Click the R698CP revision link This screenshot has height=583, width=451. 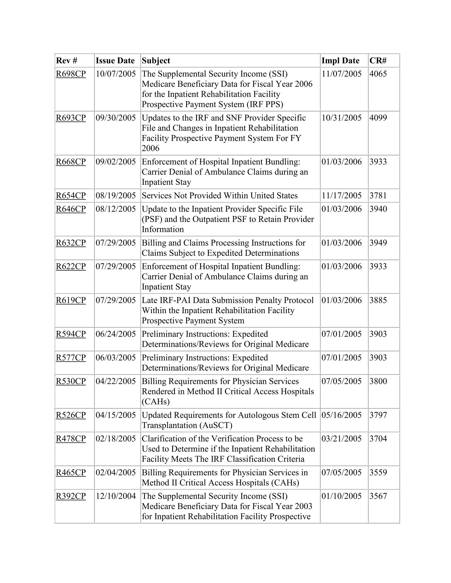coord(71,74)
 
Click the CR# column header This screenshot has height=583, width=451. coord(378,60)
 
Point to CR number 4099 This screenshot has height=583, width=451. coord(378,118)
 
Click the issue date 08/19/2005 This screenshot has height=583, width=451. coord(116,196)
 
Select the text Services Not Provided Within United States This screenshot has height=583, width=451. coord(219,196)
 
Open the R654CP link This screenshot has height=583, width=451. coord(71,196)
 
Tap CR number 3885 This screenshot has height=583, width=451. coord(378,300)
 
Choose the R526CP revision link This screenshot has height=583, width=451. coord(71,415)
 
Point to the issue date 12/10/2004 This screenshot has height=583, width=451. coord(116,496)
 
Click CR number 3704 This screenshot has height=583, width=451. coord(378,439)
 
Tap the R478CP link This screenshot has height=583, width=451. coord(71,439)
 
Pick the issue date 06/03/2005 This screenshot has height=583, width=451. coord(116,358)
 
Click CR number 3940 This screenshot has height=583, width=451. coord(378,209)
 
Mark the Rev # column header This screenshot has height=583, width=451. coord(67,60)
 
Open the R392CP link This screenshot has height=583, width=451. coord(71,496)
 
